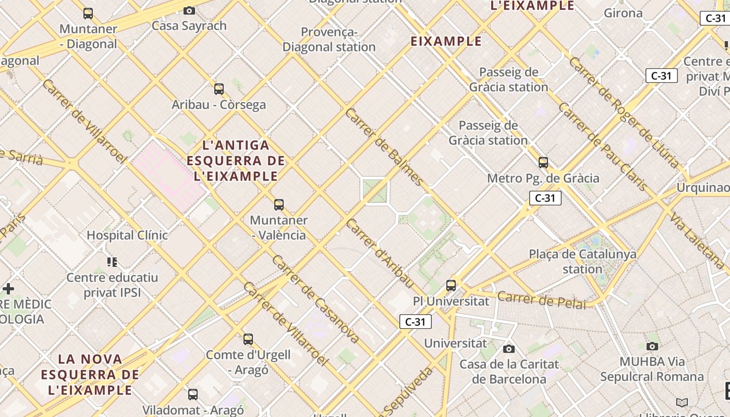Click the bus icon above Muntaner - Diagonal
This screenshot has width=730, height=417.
pyautogui.click(x=88, y=14)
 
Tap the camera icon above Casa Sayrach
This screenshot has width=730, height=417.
pyautogui.click(x=189, y=10)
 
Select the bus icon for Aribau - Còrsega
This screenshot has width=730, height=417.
pyautogui.click(x=219, y=89)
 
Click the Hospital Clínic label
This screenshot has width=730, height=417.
pyautogui.click(x=127, y=235)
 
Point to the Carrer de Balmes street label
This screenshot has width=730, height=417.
pyautogui.click(x=385, y=147)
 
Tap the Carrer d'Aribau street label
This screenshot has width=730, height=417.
pyautogui.click(x=380, y=253)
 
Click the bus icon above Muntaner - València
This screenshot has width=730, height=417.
pyautogui.click(x=279, y=205)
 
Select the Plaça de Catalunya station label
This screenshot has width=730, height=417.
pyautogui.click(x=582, y=262)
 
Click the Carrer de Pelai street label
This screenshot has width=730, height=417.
pyautogui.click(x=542, y=300)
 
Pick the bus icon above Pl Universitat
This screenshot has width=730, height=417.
pyautogui.click(x=451, y=286)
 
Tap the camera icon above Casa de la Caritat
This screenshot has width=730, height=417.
pyautogui.click(x=509, y=349)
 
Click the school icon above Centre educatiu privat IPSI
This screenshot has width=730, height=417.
pyautogui.click(x=112, y=262)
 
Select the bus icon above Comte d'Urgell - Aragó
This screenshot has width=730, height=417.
pyautogui.click(x=248, y=339)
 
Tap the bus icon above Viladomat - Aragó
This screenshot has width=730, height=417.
pyautogui.click(x=193, y=394)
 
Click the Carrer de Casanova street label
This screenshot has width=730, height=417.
pyautogui.click(x=315, y=299)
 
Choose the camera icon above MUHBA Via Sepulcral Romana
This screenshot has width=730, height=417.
pyautogui.click(x=652, y=346)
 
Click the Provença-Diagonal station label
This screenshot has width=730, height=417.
pyautogui.click(x=329, y=40)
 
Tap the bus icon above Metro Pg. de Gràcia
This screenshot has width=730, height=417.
pyautogui.click(x=543, y=163)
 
